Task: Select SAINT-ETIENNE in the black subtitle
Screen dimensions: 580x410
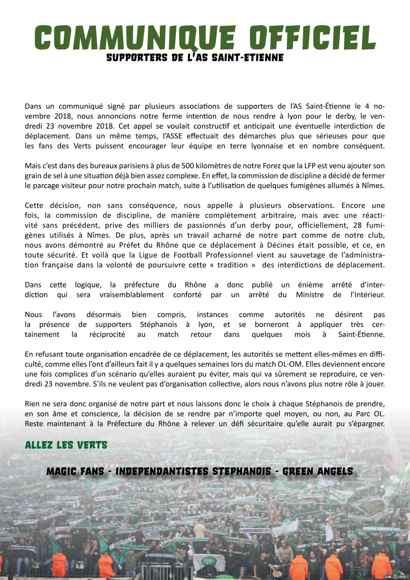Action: click(x=248, y=58)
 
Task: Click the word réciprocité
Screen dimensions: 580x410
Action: click(x=107, y=334)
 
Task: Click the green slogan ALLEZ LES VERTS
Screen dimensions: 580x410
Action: click(x=66, y=445)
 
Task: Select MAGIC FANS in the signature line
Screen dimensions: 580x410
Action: click(x=75, y=471)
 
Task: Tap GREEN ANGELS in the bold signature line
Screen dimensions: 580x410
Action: click(x=318, y=471)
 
